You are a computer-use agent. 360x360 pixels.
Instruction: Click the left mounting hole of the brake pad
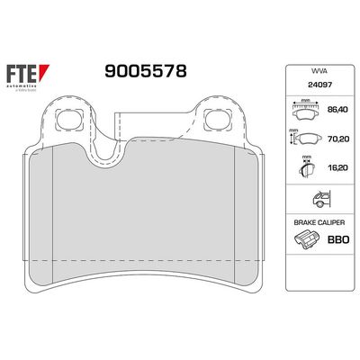(x=67, y=118)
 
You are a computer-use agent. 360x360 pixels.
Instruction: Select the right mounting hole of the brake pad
(x=216, y=118)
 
